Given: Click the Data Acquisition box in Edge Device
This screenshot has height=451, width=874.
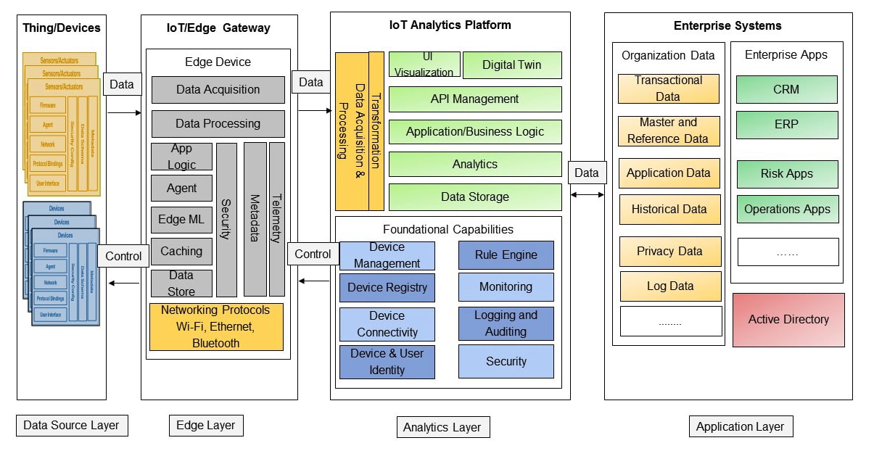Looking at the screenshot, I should pos(218,90).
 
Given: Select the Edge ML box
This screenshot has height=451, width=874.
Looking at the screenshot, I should pos(181,220).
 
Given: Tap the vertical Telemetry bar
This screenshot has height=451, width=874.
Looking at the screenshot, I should pos(276,219).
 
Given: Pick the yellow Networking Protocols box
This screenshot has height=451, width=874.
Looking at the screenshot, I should pos(216,327).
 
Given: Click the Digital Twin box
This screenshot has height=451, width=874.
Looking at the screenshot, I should pos(512,65).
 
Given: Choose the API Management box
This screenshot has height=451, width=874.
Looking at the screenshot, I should pos(475,99).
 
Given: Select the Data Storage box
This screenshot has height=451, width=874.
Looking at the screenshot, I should pos(475,197).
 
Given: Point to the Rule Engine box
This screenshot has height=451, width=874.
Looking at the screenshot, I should pos(506,255).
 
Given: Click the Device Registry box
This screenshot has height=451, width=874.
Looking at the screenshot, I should pos(387,288).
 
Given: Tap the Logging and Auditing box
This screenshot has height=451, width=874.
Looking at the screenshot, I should pos(506,323).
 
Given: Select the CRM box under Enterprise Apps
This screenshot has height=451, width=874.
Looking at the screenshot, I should pos(786,90).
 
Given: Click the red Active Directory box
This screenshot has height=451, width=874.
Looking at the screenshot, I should pos(788,320).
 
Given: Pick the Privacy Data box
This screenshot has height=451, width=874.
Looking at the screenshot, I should pos(670,252).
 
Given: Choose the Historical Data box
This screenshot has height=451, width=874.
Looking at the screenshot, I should pos(669,210).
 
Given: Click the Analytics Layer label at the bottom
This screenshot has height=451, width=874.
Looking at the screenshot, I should pos(442,427).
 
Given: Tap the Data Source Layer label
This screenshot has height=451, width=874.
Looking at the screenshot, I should pos(71,426).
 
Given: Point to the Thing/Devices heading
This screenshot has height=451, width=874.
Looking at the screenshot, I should pos(62,28).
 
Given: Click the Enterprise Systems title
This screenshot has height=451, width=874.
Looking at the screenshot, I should pos(727,26).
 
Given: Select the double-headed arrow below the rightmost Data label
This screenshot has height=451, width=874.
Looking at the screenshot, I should pos(588,194).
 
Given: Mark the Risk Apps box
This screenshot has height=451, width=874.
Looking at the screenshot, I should pos(787,174).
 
